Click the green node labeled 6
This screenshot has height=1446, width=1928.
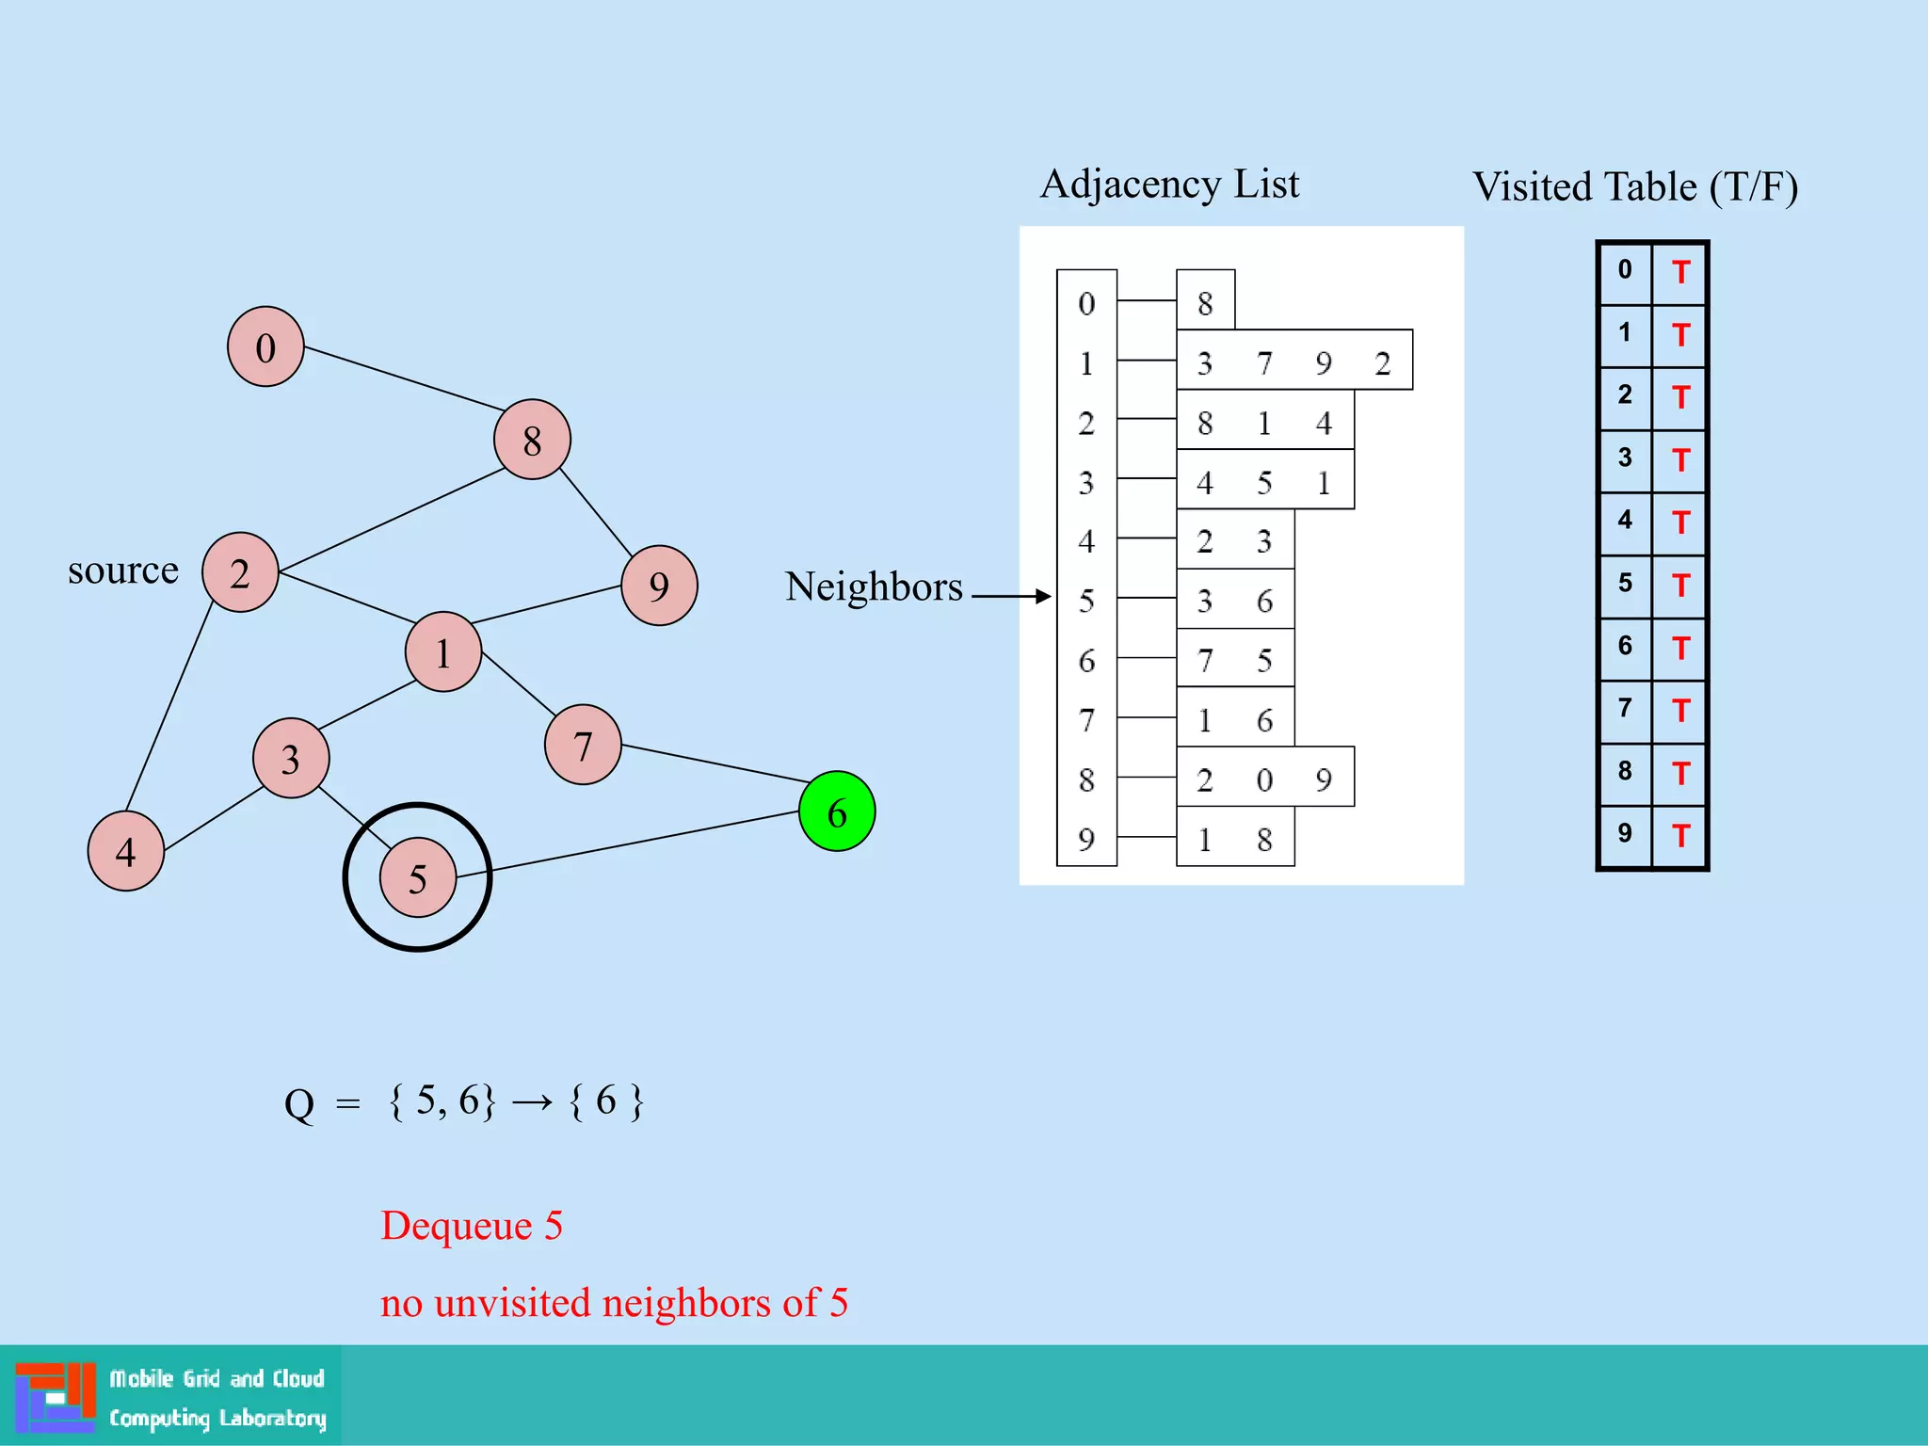pyautogui.click(x=836, y=811)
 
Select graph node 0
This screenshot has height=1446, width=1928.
pyautogui.click(x=265, y=346)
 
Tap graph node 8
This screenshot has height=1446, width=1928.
pyautogui.click(x=532, y=440)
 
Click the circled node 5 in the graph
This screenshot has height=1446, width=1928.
pyautogui.click(x=417, y=877)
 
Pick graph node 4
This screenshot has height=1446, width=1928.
pyautogui.click(x=125, y=851)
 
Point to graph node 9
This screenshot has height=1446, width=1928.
pyautogui.click(x=659, y=586)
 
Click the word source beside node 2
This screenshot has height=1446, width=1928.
pyautogui.click(x=123, y=570)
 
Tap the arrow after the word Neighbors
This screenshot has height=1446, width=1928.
pyautogui.click(x=1011, y=596)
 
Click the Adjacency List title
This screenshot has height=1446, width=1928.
pyautogui.click(x=1169, y=184)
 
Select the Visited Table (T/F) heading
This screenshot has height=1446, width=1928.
pyautogui.click(x=1635, y=186)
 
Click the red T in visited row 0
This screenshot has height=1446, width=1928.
pyautogui.click(x=1680, y=273)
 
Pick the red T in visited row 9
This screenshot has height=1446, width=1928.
pyautogui.click(x=1680, y=835)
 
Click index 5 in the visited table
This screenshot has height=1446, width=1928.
pyautogui.click(x=1625, y=583)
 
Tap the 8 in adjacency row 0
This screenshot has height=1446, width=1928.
pyautogui.click(x=1205, y=303)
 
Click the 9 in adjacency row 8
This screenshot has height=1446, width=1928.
pyautogui.click(x=1324, y=779)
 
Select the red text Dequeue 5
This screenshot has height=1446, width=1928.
pyautogui.click(x=472, y=1226)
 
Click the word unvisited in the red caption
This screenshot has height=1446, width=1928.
pyautogui.click(x=513, y=1303)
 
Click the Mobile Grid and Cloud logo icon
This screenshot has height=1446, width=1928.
pyautogui.click(x=56, y=1396)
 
